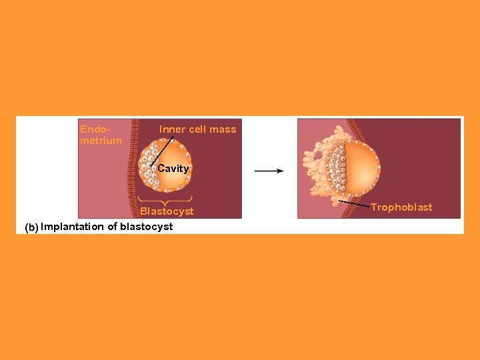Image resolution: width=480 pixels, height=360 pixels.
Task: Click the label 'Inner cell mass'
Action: coord(197,129)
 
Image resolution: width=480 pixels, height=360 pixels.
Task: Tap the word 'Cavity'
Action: coord(173,169)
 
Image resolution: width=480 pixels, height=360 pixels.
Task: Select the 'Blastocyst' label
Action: coord(167,211)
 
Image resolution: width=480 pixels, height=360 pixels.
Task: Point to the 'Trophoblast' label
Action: coord(401,207)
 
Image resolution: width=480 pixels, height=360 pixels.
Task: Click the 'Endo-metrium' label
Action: coord(101,135)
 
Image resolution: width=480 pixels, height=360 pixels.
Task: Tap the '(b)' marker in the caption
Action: coord(31,227)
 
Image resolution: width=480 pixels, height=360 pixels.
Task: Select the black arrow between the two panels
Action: coord(269,171)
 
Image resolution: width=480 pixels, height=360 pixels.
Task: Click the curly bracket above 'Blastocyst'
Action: coord(165,199)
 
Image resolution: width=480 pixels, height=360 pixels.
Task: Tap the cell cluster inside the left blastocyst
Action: coord(149,167)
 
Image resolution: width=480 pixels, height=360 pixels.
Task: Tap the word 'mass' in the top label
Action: coord(224,129)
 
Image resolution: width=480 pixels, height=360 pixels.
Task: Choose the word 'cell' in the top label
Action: coord(199,129)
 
